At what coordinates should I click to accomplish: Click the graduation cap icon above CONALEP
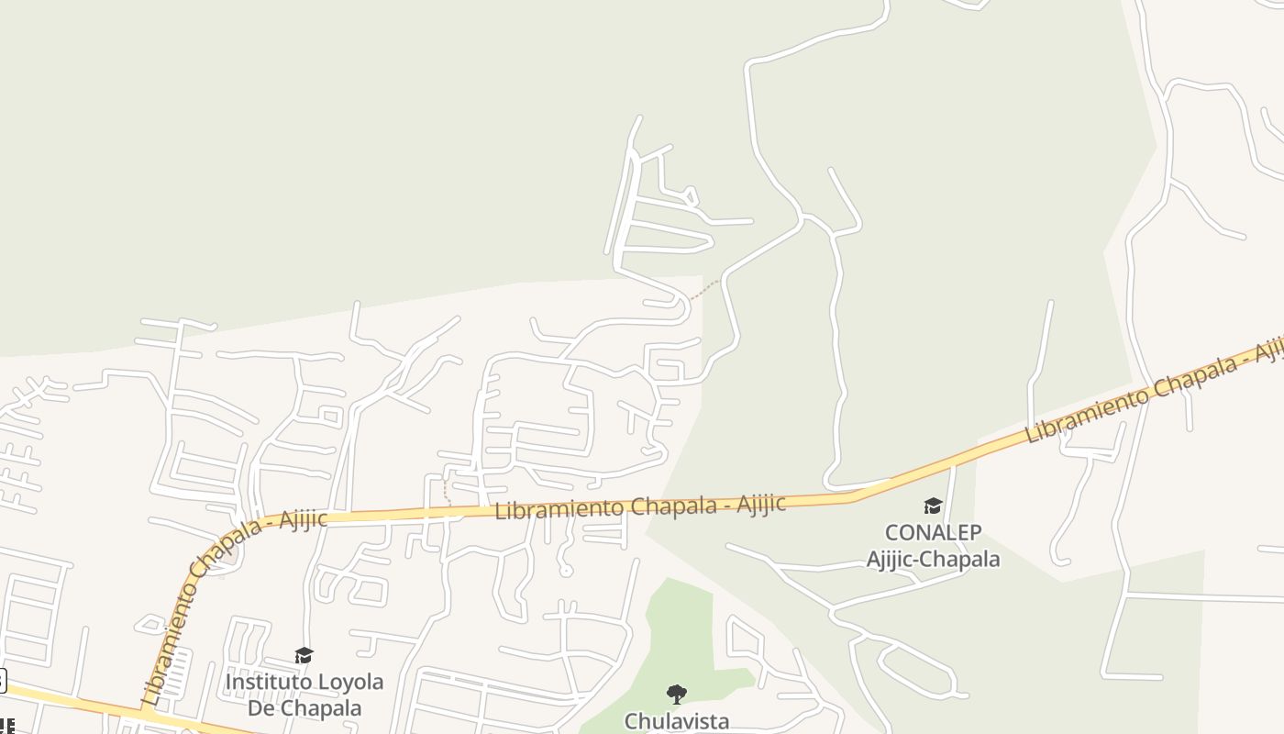[933, 506]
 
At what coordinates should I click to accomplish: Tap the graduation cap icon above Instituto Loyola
[304, 655]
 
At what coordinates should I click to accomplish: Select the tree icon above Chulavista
[677, 695]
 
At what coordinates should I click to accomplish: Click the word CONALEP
[933, 532]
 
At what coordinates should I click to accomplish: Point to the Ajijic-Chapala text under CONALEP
[933, 558]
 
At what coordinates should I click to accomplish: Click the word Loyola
[349, 683]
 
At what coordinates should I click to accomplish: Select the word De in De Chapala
[260, 708]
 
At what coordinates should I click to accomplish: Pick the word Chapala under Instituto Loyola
[320, 708]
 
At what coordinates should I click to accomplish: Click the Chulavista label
[677, 721]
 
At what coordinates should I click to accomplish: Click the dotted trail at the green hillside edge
[704, 290]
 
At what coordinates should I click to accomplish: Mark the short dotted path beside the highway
[447, 491]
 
